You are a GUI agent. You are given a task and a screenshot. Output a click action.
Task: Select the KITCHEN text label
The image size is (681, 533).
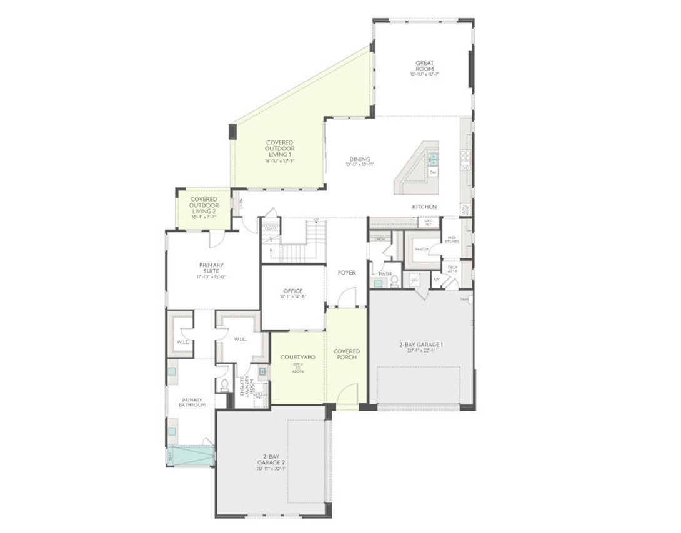[424, 207]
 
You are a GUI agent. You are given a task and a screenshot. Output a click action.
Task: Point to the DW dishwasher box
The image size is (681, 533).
[432, 172]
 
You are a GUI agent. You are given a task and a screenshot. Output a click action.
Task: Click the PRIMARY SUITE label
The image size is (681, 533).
[211, 268]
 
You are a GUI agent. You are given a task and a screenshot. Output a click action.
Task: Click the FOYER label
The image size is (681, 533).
[347, 273]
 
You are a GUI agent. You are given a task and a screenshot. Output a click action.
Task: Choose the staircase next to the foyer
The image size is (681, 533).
[303, 243]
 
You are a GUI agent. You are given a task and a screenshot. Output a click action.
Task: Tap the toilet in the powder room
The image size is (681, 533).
[395, 281]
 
